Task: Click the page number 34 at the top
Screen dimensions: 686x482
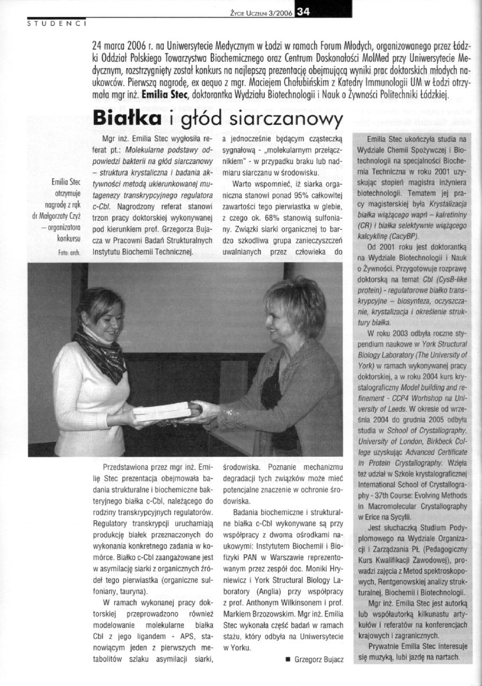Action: point(304,13)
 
